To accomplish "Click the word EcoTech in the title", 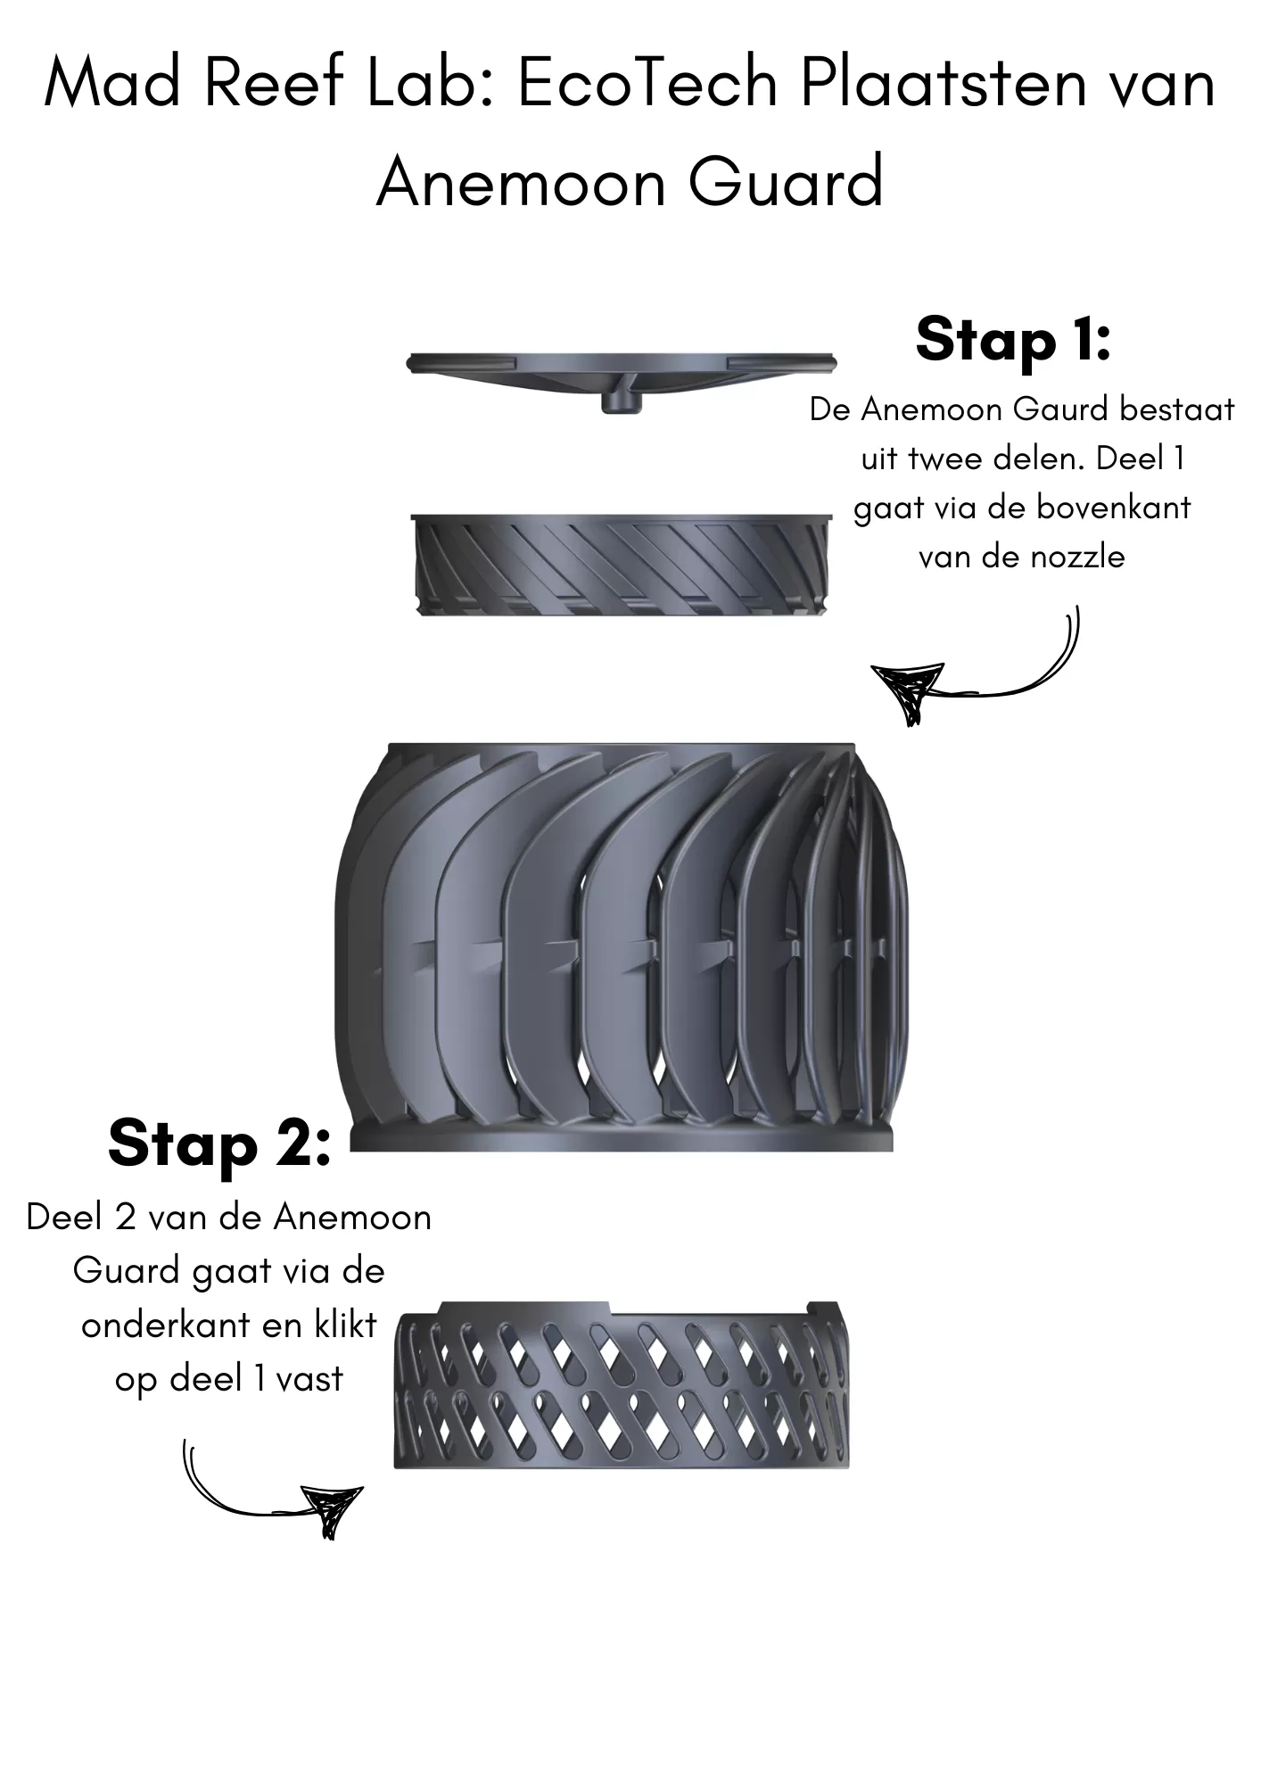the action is (x=647, y=84).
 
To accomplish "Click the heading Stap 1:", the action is (x=1013, y=339).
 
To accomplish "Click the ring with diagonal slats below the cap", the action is (x=622, y=566).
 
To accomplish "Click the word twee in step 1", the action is (x=944, y=459).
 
